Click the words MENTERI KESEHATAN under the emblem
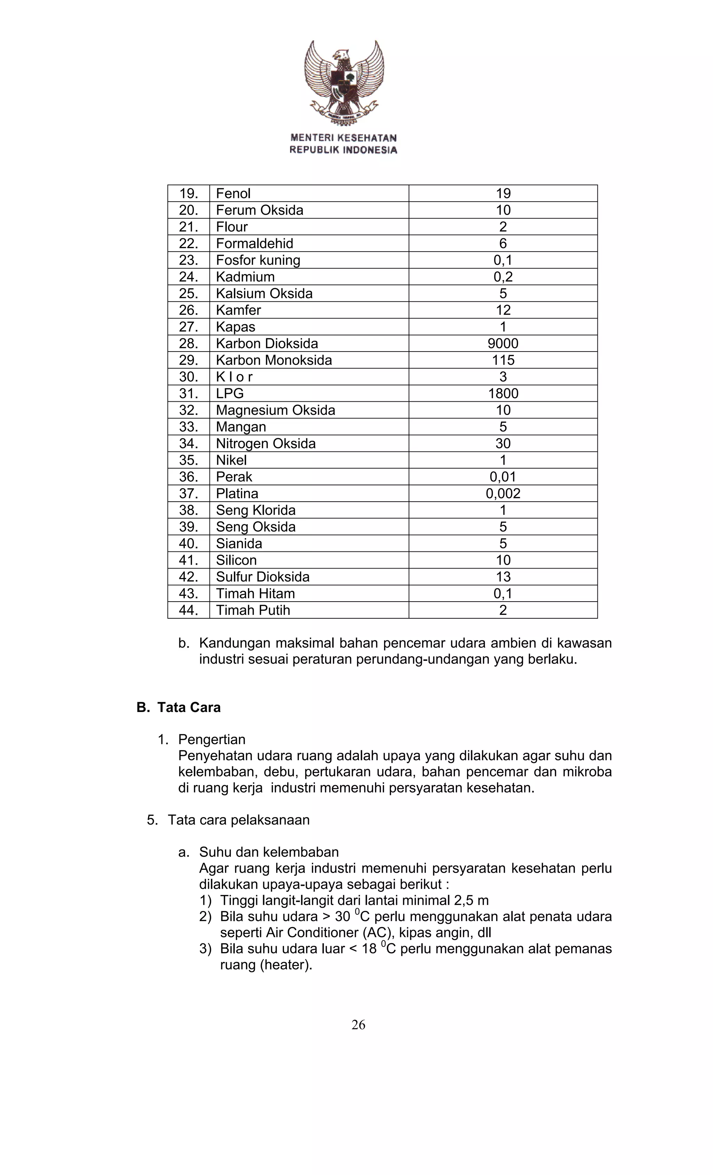(x=343, y=138)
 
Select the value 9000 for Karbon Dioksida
(x=503, y=343)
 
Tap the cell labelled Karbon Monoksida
(x=274, y=360)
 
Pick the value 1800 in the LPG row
(x=503, y=393)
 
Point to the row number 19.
(x=188, y=194)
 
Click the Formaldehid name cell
(x=254, y=244)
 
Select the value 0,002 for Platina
(x=503, y=494)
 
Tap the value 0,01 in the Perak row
(x=503, y=477)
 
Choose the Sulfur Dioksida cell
(x=263, y=577)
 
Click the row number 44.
(x=188, y=610)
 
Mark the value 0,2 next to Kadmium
(x=503, y=277)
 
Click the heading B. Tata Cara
(x=179, y=707)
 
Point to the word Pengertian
(x=212, y=739)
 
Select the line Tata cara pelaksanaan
(x=238, y=820)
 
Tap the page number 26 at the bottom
(x=358, y=1025)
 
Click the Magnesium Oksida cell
(x=275, y=410)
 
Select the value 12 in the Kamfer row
(x=503, y=310)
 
